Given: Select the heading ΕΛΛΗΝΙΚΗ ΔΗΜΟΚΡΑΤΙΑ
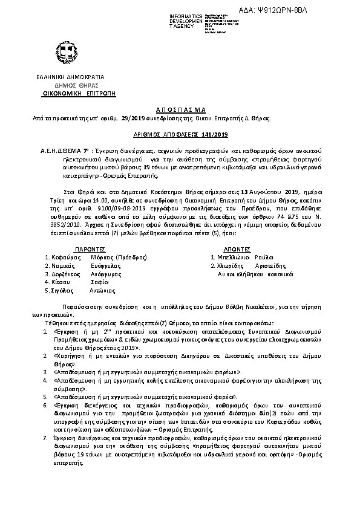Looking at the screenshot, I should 70,78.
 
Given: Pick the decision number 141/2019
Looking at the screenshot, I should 214,134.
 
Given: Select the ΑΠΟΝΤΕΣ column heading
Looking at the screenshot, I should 234,248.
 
